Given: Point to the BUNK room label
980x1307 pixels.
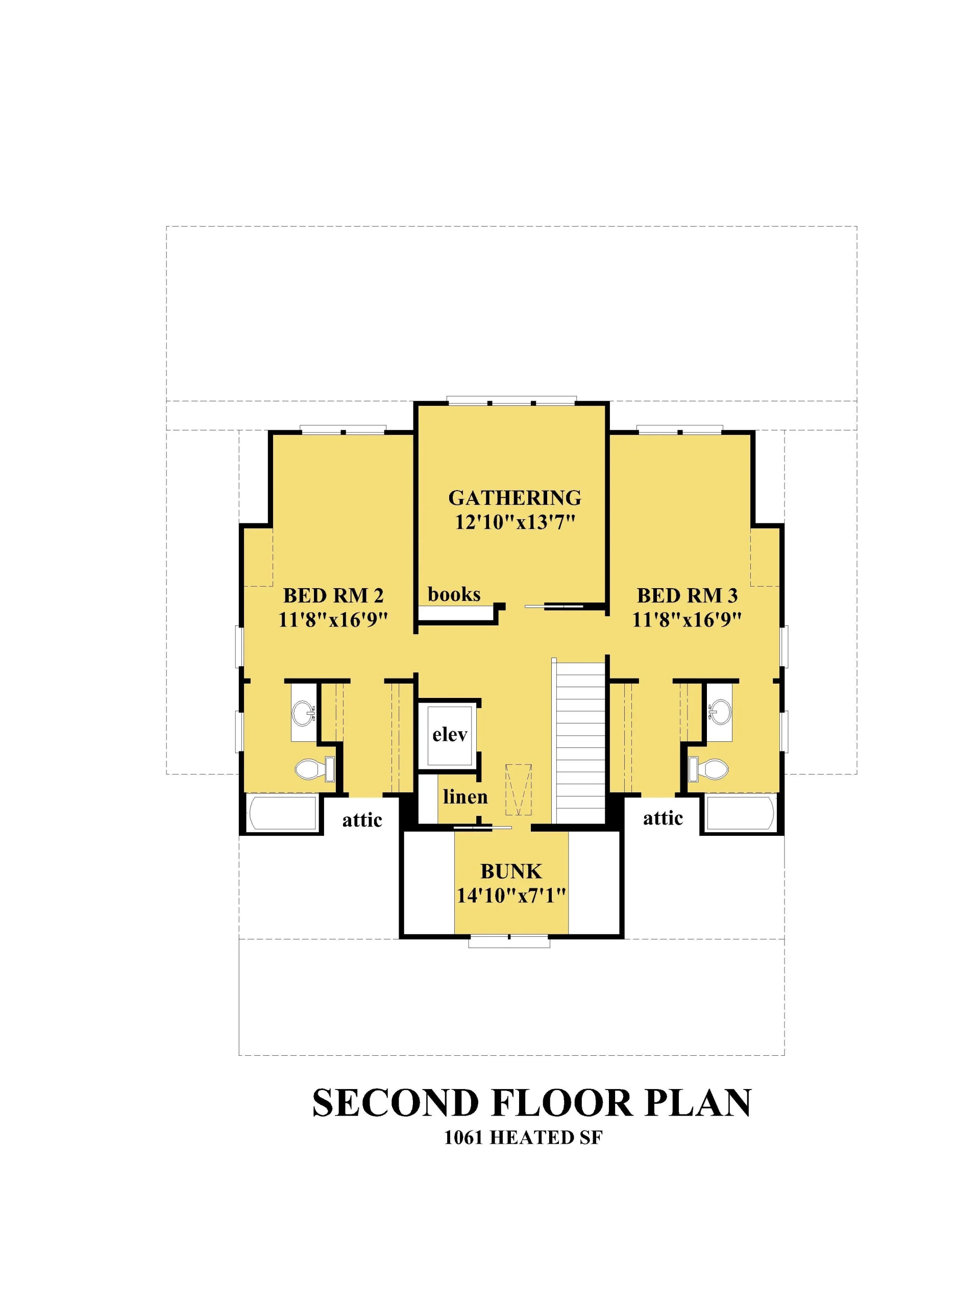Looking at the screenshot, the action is [x=511, y=871].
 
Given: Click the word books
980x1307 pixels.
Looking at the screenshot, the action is [x=454, y=594].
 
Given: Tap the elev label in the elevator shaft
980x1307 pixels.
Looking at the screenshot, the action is [x=450, y=735].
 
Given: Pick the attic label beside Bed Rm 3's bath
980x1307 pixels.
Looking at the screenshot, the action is [x=663, y=818].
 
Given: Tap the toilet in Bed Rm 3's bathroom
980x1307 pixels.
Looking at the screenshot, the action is [x=708, y=769].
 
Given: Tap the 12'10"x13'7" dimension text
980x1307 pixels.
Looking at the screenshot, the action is [x=515, y=522].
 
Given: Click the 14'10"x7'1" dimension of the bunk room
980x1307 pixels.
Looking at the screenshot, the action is [x=511, y=896].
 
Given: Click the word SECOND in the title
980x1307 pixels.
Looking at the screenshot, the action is [x=395, y=1103].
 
